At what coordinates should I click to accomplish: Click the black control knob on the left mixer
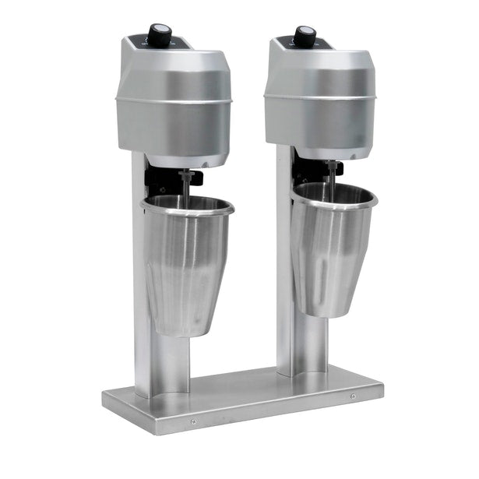(x=160, y=33)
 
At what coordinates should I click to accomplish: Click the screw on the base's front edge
(x=194, y=421)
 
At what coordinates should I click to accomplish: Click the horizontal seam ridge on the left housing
(x=173, y=100)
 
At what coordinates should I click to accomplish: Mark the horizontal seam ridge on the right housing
(x=319, y=97)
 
